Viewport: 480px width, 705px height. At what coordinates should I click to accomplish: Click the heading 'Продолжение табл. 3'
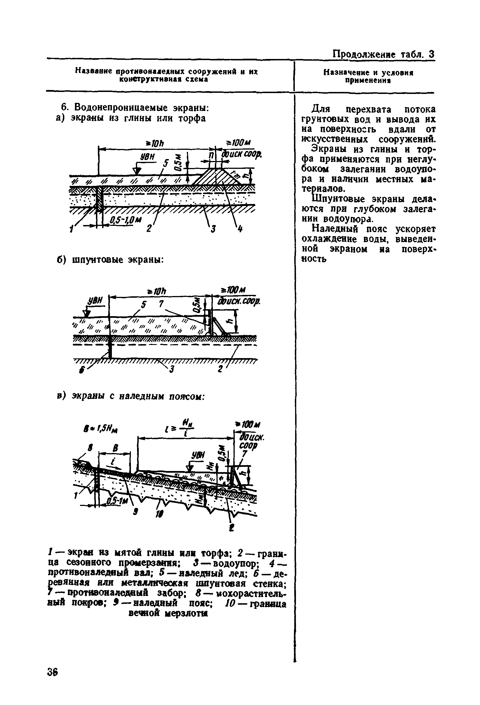(383, 55)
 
